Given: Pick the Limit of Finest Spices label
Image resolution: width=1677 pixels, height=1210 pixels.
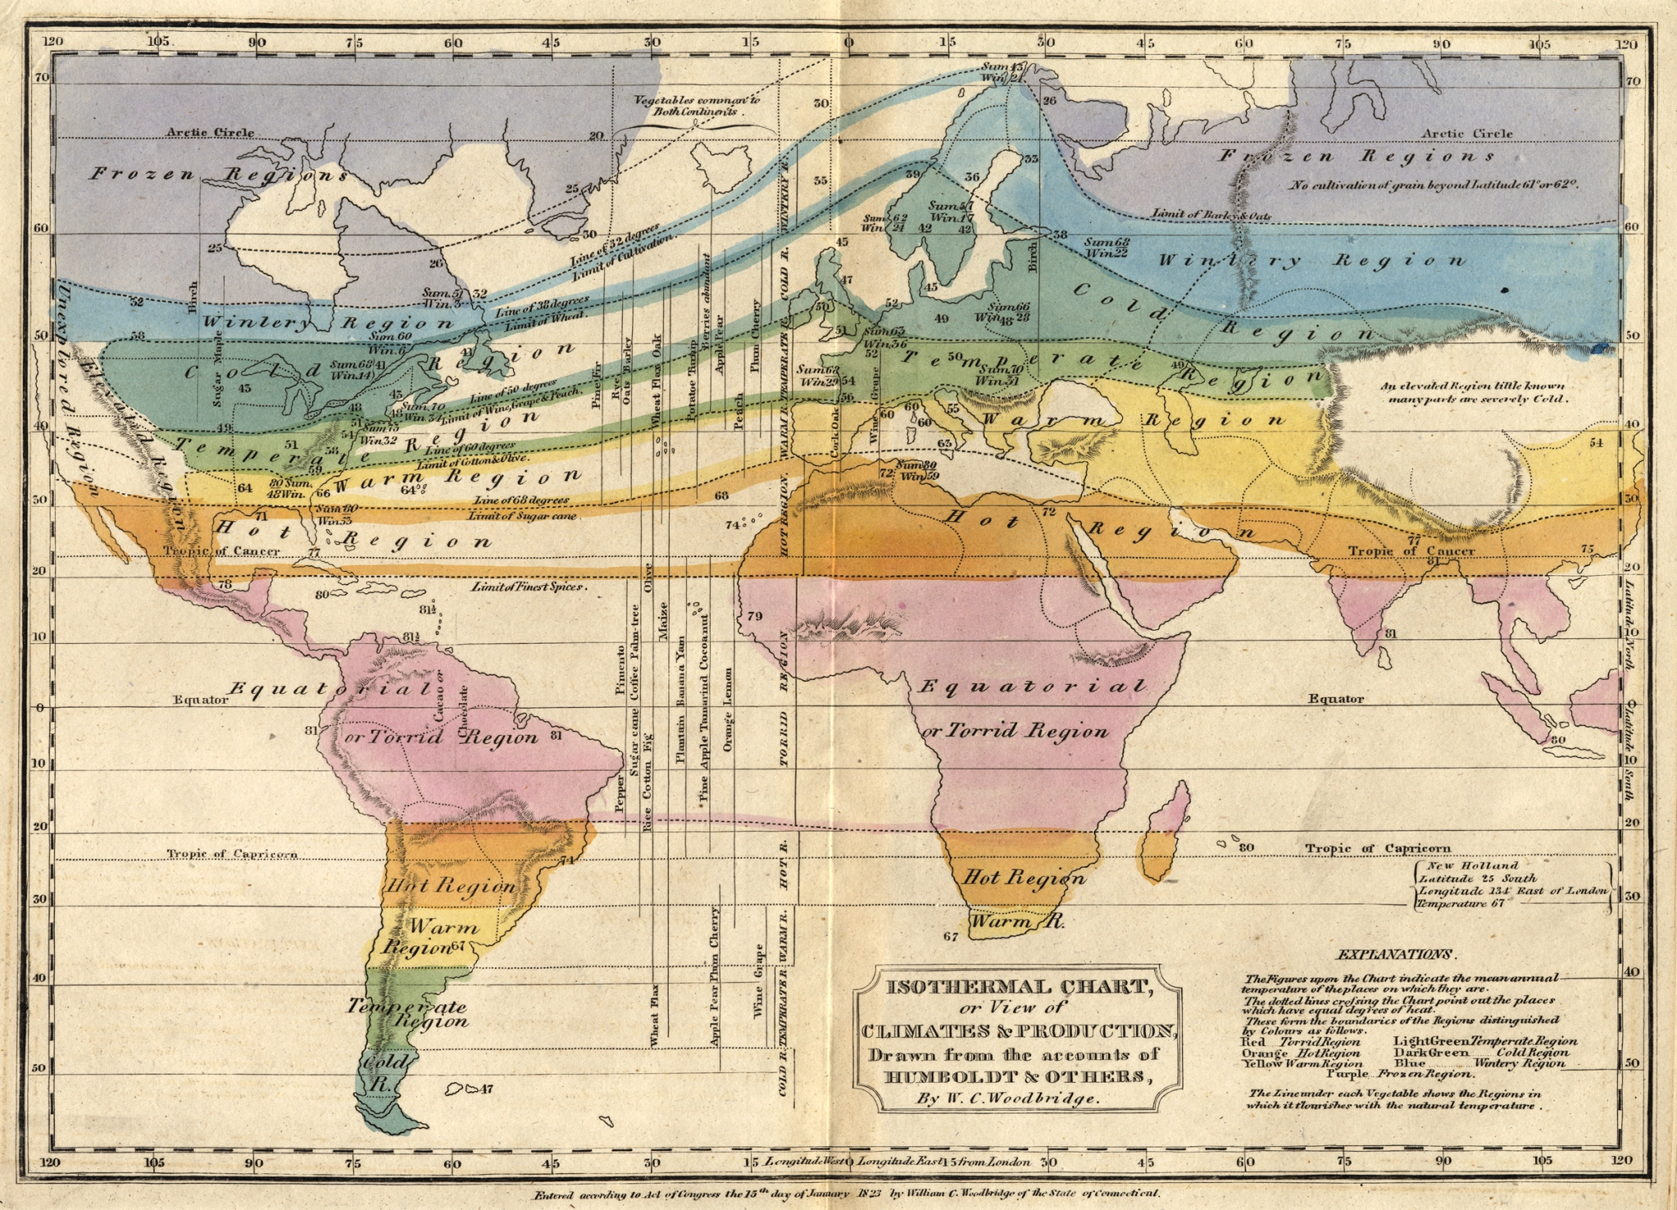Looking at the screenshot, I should tap(529, 587).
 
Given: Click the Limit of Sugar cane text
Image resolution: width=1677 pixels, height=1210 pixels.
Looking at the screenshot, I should tap(523, 516).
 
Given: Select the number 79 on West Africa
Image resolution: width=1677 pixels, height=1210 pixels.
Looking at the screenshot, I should tap(755, 615).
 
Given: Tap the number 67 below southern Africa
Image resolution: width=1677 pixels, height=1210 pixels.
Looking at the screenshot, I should tap(951, 936).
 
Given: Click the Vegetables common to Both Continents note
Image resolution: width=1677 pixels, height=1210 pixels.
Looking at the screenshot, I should tap(696, 105).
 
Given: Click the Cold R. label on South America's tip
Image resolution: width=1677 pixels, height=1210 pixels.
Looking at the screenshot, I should tap(379, 1072).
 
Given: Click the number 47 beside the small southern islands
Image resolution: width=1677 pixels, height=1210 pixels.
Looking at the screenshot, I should tap(486, 1089).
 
